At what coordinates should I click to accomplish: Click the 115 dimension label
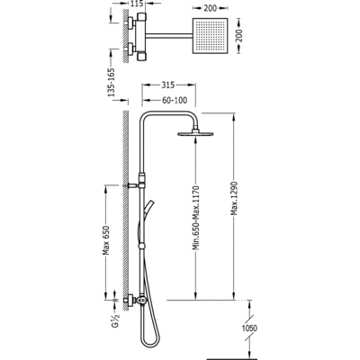click(138, 4)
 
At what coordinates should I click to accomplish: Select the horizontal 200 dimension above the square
click(210, 8)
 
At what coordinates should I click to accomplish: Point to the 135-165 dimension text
click(112, 82)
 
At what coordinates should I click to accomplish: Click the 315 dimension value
click(168, 85)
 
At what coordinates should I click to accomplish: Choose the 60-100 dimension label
click(175, 100)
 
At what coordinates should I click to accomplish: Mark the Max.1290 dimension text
click(234, 198)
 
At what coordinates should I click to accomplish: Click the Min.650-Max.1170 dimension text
click(196, 218)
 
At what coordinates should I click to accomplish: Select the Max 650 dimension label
click(106, 240)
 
